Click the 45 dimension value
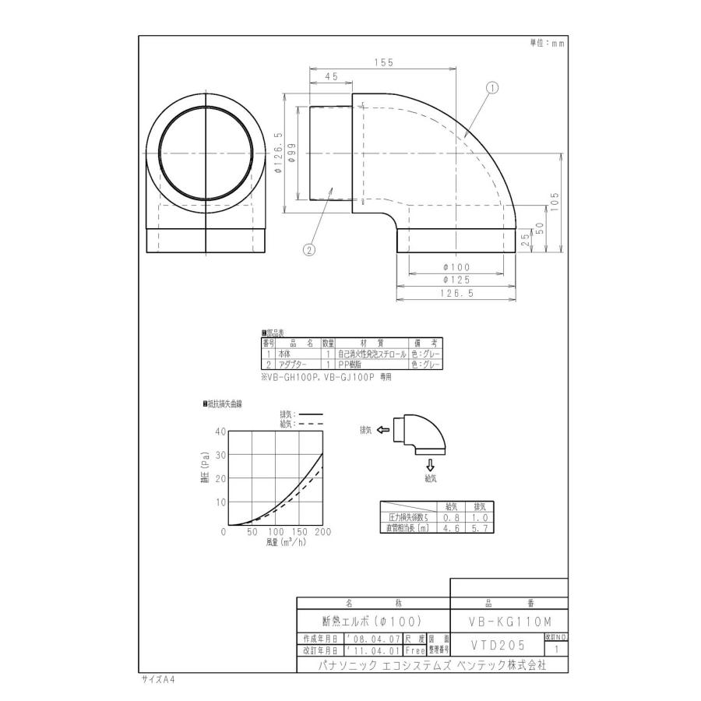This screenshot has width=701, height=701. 331,77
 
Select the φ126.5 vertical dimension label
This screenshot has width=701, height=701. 279,153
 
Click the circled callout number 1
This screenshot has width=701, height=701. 493,89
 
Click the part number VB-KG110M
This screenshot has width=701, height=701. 510,621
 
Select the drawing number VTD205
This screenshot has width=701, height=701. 498,645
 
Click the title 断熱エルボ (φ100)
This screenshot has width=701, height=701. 372,621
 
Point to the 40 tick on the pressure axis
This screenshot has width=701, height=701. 220,432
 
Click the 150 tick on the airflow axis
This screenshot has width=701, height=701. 299,533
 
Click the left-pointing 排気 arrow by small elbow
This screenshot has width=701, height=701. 382,429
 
